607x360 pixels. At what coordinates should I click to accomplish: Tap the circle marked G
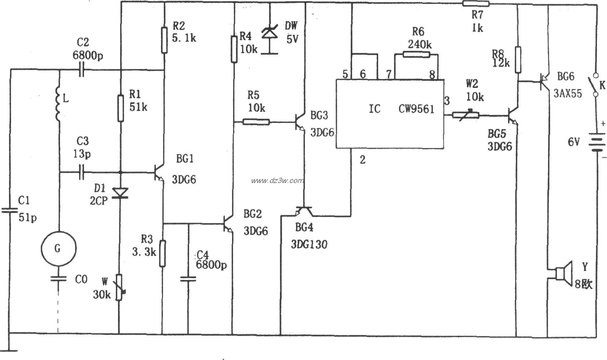coord(58,248)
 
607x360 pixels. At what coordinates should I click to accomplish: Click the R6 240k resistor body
coord(416,55)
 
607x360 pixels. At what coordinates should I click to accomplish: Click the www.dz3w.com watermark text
coord(277,181)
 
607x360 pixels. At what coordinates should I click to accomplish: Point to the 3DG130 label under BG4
coord(309,244)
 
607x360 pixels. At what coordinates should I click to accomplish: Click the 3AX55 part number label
coord(568,94)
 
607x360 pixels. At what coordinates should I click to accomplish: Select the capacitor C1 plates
coord(10,211)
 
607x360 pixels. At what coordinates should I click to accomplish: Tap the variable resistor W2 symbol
coord(466,115)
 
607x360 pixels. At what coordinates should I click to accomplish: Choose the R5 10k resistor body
coord(256,122)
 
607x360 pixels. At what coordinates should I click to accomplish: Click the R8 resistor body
coord(517,60)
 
